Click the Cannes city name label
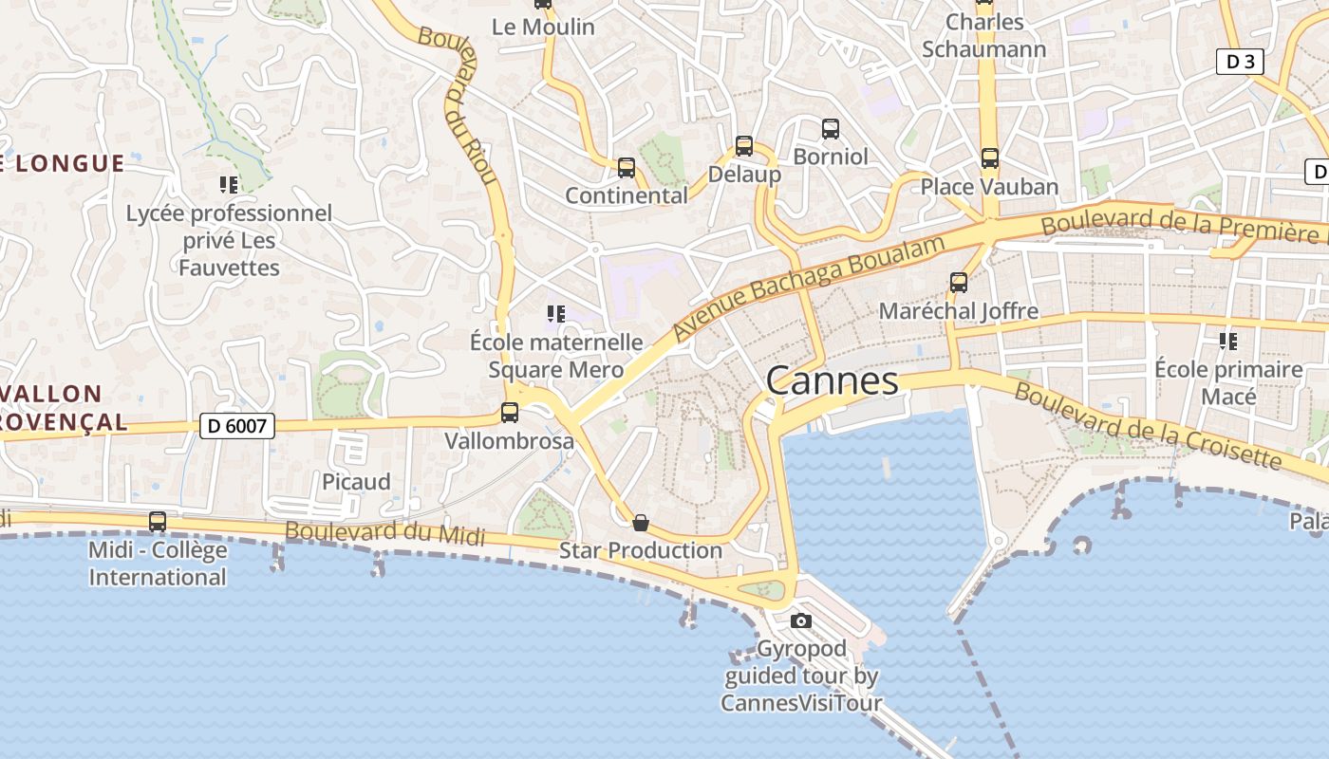pos(832,380)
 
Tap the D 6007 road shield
pos(237,426)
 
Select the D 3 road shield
pos(1240,62)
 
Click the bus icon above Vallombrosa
pos(510,413)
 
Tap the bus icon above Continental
pos(627,168)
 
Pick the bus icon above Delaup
pos(744,146)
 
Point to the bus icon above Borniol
pos(831,128)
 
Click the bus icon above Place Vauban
pos(990,158)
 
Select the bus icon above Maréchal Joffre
pos(959,283)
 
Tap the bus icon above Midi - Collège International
pos(158,522)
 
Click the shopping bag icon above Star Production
pos(641,523)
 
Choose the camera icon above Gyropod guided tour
pos(801,621)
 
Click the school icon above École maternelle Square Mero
pos(556,313)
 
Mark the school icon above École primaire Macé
pos(1228,341)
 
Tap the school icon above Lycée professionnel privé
pos(229,184)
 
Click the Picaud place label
pos(356,481)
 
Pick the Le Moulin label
pos(543,27)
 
